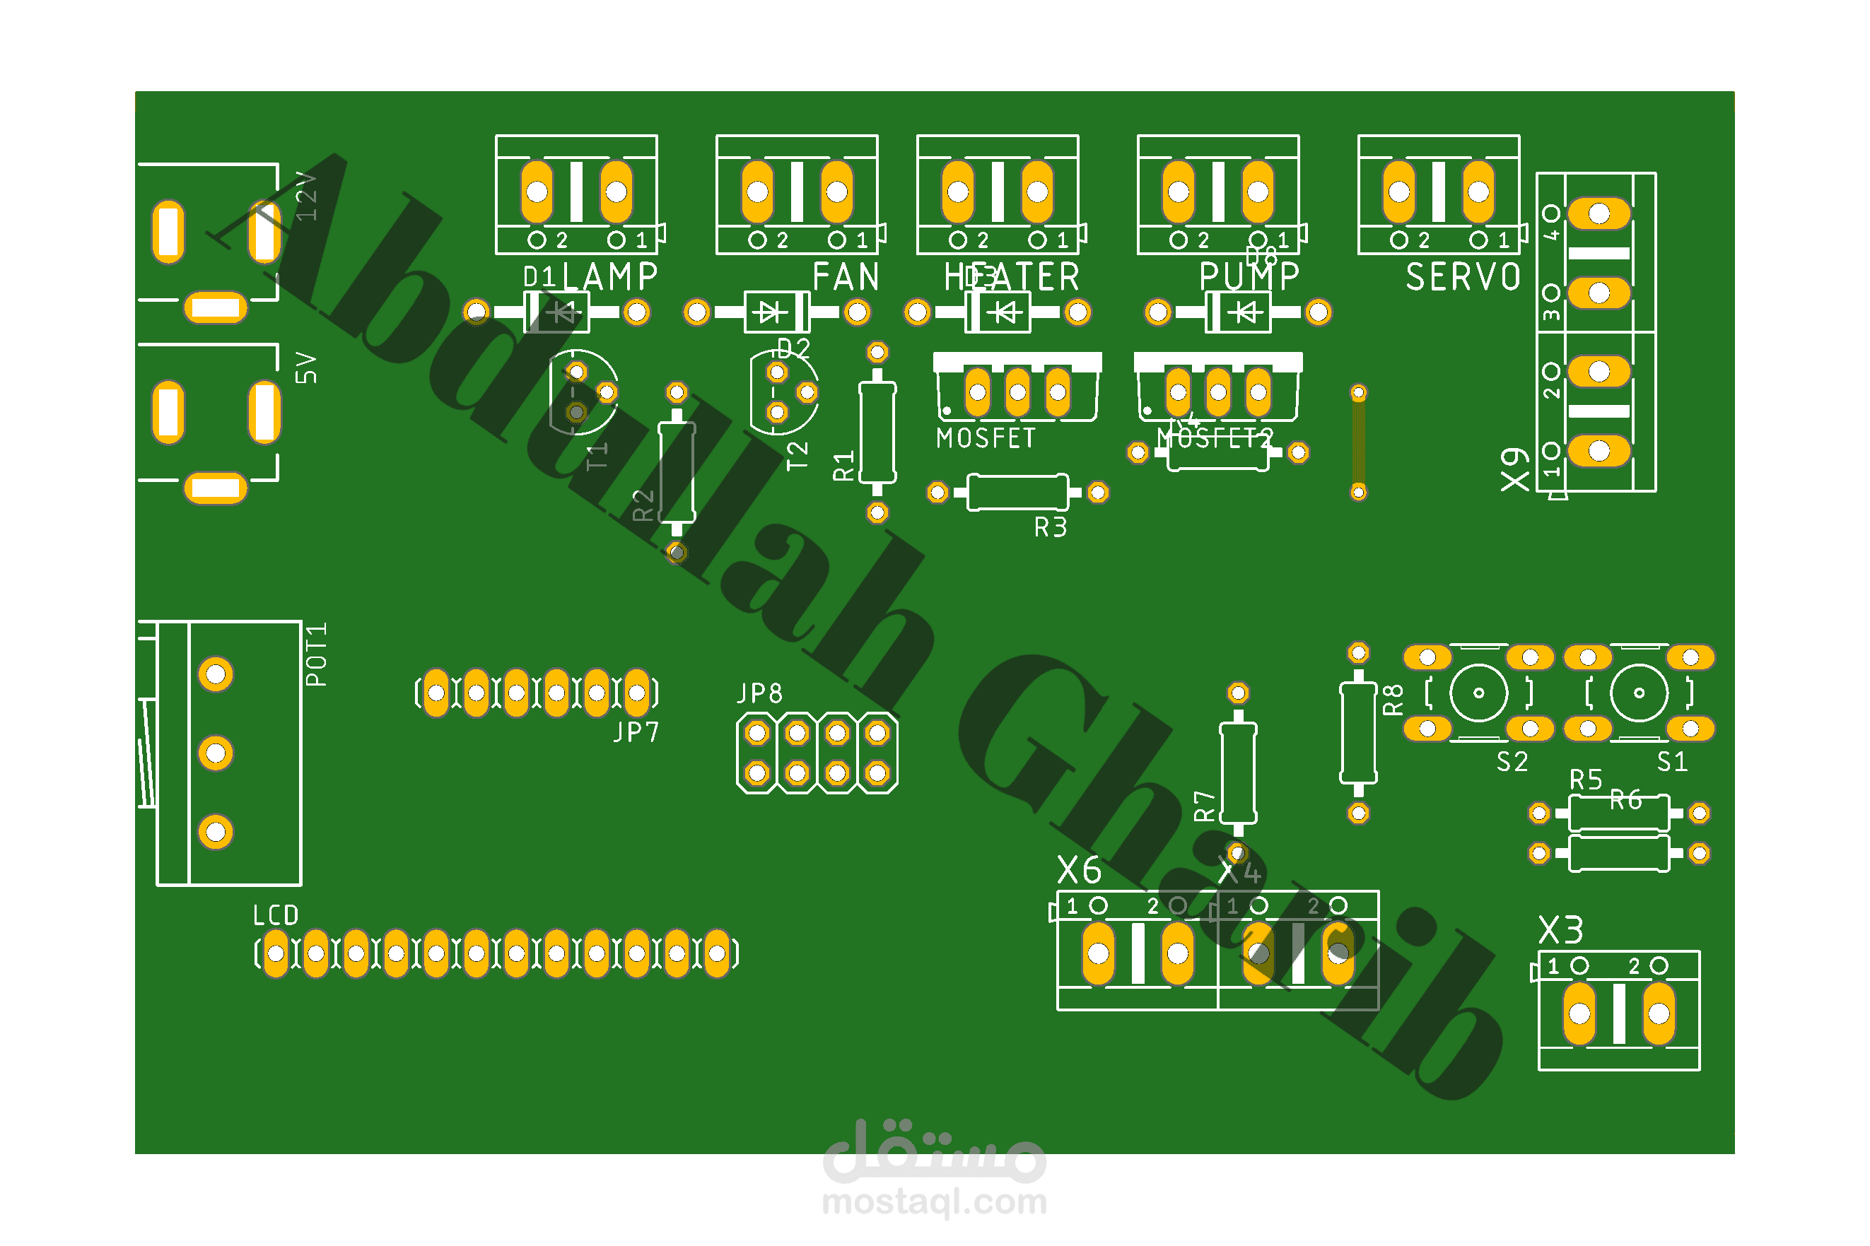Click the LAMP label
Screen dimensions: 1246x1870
click(x=609, y=277)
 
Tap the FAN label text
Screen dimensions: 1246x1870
click(x=845, y=277)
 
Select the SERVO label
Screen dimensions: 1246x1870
click(x=1462, y=277)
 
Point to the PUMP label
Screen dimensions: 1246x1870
click(x=1249, y=277)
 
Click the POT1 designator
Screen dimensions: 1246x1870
click(x=316, y=654)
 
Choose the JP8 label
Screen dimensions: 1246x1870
click(x=759, y=693)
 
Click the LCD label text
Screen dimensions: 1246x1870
click(x=275, y=915)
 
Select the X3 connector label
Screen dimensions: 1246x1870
click(x=1560, y=930)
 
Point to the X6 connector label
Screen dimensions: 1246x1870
click(x=1078, y=871)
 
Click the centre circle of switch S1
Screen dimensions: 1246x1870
click(x=1638, y=693)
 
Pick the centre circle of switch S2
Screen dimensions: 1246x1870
click(x=1478, y=693)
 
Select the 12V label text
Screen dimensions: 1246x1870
click(x=307, y=196)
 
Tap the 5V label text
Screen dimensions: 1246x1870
click(x=307, y=368)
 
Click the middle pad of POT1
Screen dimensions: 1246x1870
click(x=216, y=753)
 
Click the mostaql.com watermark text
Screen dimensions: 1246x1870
click(x=934, y=1202)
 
